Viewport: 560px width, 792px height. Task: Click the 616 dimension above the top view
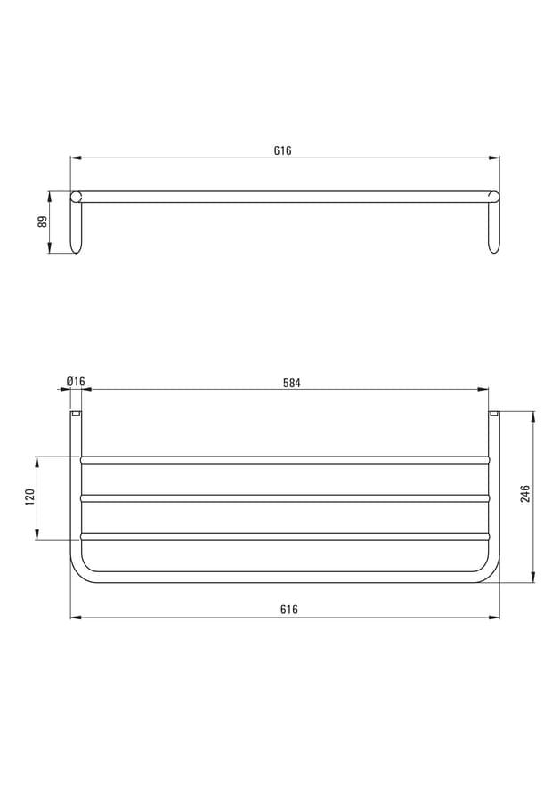point(283,150)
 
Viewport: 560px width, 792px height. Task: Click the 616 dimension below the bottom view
point(289,610)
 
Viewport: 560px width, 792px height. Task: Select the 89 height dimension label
point(43,222)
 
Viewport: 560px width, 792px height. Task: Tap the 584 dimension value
point(292,383)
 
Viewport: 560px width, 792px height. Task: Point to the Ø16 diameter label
point(76,381)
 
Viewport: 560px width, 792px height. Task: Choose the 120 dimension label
point(29,497)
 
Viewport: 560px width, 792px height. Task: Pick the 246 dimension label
point(525,494)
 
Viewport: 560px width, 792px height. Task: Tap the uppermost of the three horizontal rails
point(285,460)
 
